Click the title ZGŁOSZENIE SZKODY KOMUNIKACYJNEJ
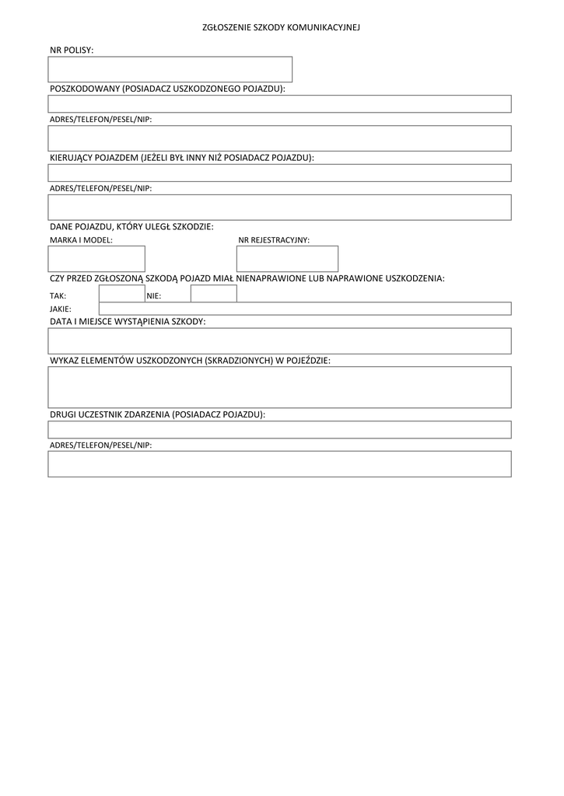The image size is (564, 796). (282, 27)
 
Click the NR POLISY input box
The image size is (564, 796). (170, 69)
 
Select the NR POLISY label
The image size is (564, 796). (72, 50)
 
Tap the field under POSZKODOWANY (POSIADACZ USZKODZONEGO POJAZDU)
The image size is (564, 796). (279, 104)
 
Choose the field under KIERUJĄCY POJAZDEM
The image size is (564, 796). (279, 173)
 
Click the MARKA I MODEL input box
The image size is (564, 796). (97, 259)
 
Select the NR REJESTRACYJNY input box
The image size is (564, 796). (288, 259)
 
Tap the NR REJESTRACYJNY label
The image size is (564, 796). (274, 241)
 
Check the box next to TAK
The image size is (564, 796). (121, 294)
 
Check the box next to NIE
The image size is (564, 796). (214, 294)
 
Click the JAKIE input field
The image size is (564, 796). (304, 309)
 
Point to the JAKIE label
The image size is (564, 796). (61, 309)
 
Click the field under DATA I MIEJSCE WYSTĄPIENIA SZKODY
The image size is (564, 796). (279, 341)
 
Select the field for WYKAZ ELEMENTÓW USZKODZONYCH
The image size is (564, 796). (279, 387)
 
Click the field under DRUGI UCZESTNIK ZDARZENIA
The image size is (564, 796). (279, 430)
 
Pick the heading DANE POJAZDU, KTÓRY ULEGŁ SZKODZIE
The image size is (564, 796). (131, 226)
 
